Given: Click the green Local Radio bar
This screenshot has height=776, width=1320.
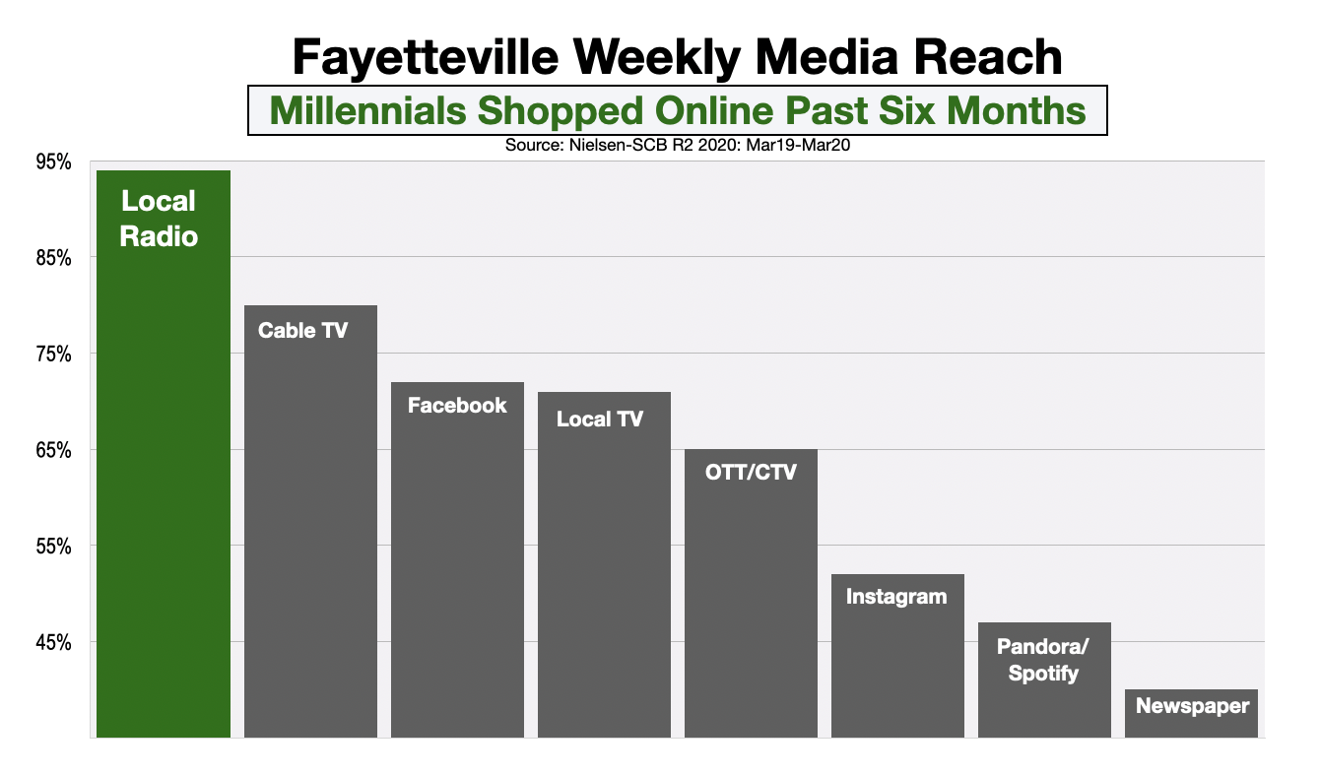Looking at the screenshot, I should coord(163,453).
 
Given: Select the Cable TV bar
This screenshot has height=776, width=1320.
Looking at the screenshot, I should coord(310,522).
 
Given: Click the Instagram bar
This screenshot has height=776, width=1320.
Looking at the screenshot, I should coord(897,656).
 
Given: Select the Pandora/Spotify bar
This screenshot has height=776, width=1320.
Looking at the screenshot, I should coord(1044,679).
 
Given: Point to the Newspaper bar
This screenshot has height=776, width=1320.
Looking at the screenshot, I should coord(1191,714).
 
